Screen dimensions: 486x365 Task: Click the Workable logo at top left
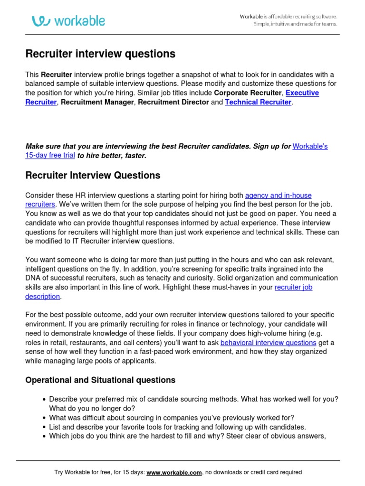(68, 21)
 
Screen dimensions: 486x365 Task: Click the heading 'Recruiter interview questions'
(100, 54)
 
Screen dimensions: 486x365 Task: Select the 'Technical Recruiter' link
(258, 102)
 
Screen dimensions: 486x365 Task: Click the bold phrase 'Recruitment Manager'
(97, 102)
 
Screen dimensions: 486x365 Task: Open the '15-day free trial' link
(50, 156)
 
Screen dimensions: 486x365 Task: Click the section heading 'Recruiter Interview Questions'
(93, 176)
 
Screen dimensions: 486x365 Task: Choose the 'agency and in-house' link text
(278, 195)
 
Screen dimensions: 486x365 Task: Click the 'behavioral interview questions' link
(269, 343)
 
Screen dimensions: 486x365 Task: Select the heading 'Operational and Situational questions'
(100, 380)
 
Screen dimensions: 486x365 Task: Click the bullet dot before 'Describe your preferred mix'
(44, 400)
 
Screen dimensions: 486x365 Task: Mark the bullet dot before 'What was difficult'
(44, 418)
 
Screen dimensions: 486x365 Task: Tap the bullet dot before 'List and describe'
(44, 427)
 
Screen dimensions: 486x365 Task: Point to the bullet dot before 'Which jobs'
(44, 436)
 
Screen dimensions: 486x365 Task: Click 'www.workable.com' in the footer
(174, 473)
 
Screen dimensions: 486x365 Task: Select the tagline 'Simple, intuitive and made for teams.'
(295, 24)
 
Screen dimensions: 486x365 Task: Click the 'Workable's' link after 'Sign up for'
(310, 147)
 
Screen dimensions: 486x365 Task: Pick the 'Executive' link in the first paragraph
(302, 93)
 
